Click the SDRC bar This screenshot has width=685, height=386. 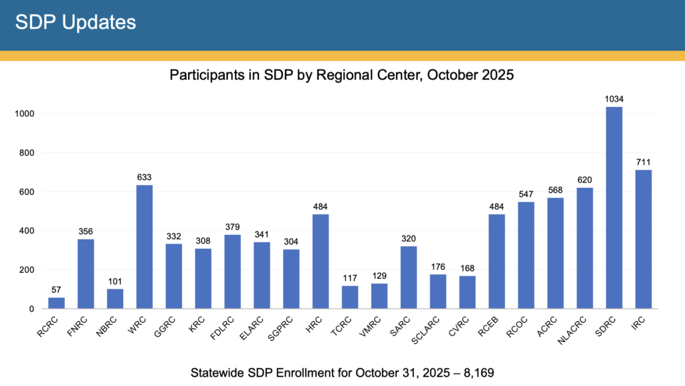(614, 207)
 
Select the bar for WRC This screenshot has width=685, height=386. (144, 247)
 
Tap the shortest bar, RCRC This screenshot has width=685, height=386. (56, 303)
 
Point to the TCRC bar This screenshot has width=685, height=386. (350, 297)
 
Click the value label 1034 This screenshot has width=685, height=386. (614, 99)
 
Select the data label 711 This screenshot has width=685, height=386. (644, 162)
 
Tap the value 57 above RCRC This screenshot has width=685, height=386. (56, 290)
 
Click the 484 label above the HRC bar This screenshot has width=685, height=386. (320, 206)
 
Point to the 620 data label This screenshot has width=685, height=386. (585, 180)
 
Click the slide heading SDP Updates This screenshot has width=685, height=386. (76, 22)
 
